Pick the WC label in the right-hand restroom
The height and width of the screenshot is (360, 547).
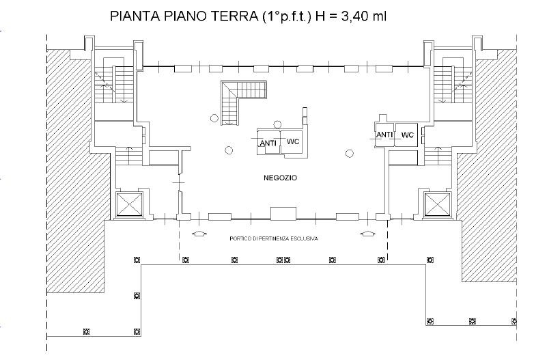[x=408, y=135]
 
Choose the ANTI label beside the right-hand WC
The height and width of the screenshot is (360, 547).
[x=384, y=135]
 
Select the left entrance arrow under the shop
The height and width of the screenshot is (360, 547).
[x=199, y=234]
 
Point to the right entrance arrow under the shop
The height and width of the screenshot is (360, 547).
[x=367, y=234]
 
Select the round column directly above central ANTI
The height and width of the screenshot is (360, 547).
[x=277, y=124]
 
